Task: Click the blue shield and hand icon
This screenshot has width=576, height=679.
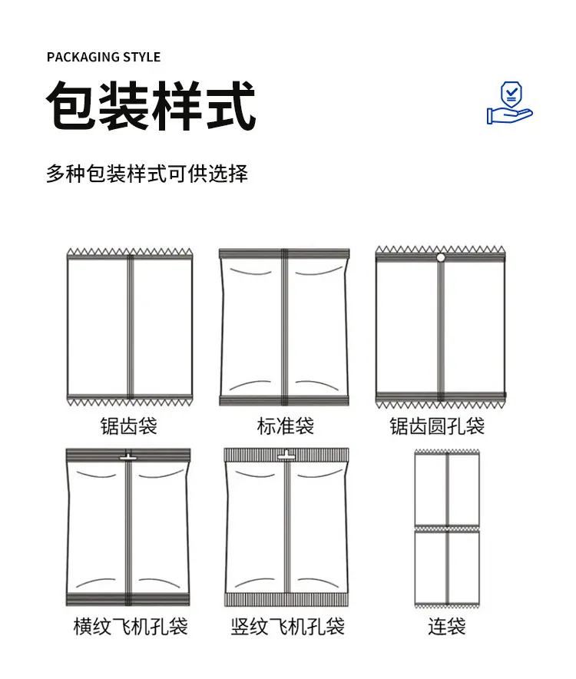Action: point(510,103)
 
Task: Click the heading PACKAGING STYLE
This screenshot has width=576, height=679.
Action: point(104,57)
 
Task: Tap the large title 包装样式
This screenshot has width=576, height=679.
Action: point(151,106)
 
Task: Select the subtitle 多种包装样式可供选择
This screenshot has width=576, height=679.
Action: point(147,174)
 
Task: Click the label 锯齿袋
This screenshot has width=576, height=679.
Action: point(128,426)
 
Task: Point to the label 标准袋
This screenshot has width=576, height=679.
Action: point(286,426)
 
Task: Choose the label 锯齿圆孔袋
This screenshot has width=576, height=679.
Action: point(438,426)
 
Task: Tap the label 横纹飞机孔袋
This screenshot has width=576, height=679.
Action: point(131,627)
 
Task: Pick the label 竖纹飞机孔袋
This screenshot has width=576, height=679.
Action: point(287,627)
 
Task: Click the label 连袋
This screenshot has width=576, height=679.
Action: point(446,627)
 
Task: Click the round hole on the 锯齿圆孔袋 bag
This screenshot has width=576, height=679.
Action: point(440,257)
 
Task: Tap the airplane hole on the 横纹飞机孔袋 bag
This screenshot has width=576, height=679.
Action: point(127,456)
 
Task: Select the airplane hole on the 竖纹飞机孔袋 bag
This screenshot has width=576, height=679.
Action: point(286,456)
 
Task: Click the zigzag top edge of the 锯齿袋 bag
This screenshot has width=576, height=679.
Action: point(130,252)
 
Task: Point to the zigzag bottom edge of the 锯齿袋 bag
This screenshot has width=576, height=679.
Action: point(130,402)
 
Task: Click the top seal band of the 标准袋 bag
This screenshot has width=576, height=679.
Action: point(284,253)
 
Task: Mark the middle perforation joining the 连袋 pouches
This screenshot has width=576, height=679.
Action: point(447,528)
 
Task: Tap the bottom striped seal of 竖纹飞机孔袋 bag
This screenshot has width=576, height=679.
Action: point(286,599)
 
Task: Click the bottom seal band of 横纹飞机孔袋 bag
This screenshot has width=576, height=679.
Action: point(127,600)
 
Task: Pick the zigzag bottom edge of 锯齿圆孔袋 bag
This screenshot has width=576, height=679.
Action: point(440,405)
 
